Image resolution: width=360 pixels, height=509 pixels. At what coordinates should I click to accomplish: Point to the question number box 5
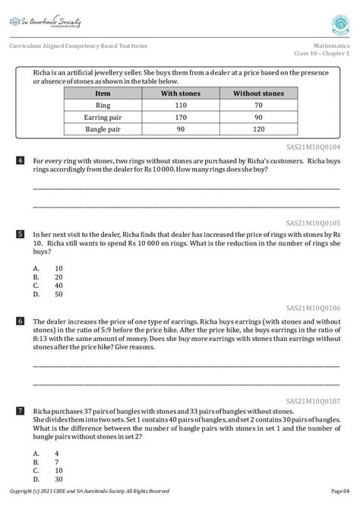click(20, 235)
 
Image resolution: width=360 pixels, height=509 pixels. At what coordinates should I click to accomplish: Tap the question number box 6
click(20, 321)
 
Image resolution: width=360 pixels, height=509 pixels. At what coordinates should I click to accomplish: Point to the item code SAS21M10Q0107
click(313, 400)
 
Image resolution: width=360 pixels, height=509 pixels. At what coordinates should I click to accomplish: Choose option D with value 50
click(47, 294)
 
